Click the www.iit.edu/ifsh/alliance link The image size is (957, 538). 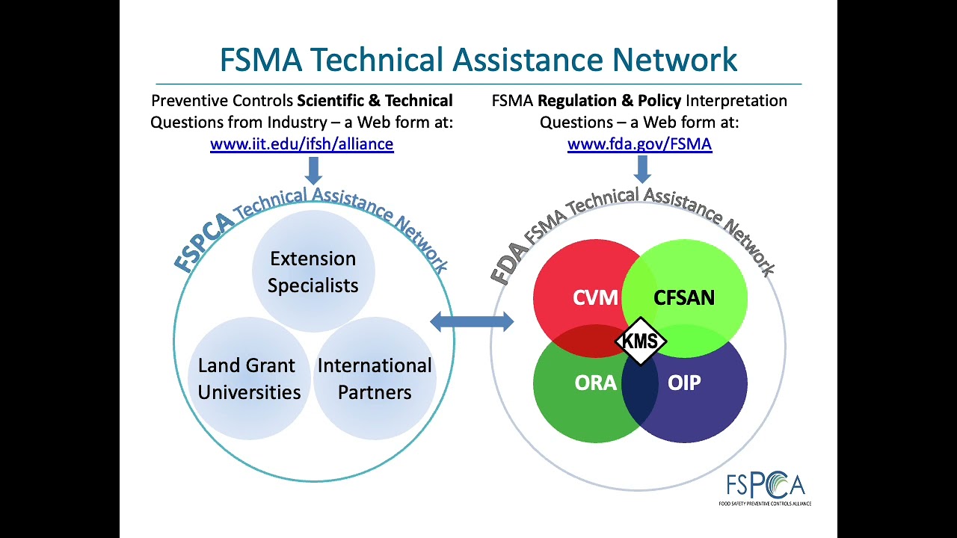click(301, 144)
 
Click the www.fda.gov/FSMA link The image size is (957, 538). click(639, 144)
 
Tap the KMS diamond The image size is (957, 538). click(641, 341)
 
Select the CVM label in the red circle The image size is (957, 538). click(595, 297)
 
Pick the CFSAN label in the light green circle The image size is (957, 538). click(684, 297)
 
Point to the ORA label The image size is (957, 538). click(596, 383)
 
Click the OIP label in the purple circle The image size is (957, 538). click(684, 383)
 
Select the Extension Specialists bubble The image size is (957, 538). click(313, 271)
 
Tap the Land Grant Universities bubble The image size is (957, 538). click(250, 378)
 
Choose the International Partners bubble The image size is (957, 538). click(375, 378)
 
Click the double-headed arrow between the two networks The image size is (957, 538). click(472, 321)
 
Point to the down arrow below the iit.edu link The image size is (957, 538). click(313, 170)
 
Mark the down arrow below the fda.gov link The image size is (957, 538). click(642, 169)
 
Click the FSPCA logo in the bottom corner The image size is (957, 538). click(765, 488)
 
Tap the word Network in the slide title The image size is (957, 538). click(674, 59)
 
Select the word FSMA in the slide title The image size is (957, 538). click(261, 59)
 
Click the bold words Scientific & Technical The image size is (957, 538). click(375, 101)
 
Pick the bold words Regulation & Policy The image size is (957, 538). click(609, 101)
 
